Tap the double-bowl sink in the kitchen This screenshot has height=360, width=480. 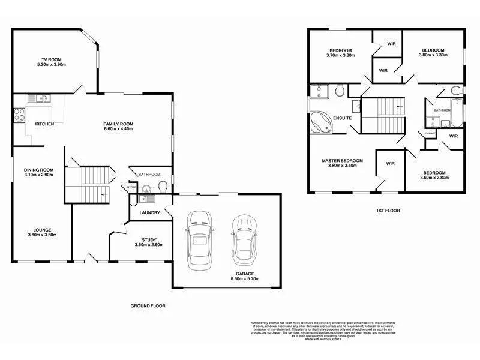click(x=43, y=98)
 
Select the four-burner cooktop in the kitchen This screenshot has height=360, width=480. click(x=19, y=114)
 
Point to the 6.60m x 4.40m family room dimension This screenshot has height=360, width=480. click(x=118, y=129)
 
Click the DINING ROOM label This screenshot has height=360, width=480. click(x=38, y=170)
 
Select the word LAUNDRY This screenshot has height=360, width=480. click(x=149, y=212)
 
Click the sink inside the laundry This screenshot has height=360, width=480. click(x=146, y=199)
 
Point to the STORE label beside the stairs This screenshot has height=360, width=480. click(x=132, y=188)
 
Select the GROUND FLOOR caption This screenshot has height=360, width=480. click(x=148, y=305)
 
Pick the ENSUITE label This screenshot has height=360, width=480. click(x=343, y=118)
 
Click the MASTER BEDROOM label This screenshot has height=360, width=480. click(x=342, y=160)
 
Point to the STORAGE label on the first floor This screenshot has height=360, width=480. click(x=430, y=133)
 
